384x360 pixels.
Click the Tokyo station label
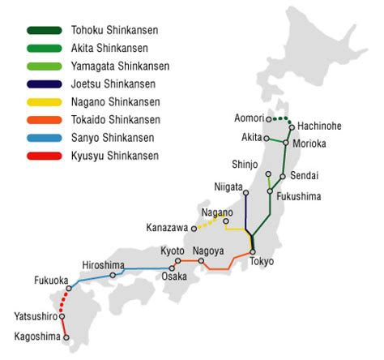(262, 262)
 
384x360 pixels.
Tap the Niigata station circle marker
(245, 192)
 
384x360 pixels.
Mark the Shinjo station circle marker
(268, 174)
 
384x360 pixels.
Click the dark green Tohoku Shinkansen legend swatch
(43, 31)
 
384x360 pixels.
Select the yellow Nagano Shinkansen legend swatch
(43, 102)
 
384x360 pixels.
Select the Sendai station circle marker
(282, 176)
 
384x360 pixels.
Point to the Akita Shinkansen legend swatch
(43, 49)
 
